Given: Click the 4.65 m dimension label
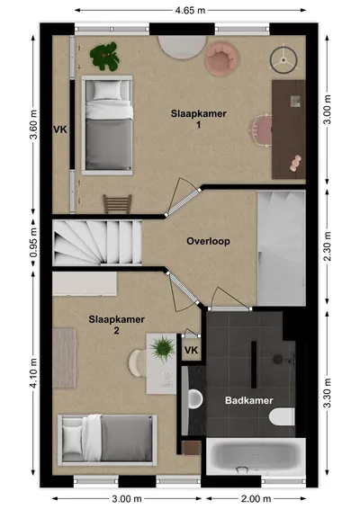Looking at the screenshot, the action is pyautogui.click(x=190, y=11).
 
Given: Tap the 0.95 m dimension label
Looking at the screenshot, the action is pyautogui.click(x=33, y=243).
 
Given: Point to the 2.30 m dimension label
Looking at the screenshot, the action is pyautogui.click(x=328, y=246).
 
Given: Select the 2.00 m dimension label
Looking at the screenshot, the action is pyautogui.click(x=256, y=498).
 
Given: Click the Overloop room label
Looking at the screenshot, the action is pyautogui.click(x=208, y=241).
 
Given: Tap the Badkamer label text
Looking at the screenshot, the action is pyautogui.click(x=249, y=400).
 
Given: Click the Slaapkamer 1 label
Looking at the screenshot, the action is pyautogui.click(x=199, y=119).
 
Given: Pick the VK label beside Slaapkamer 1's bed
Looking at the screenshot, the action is pyautogui.click(x=60, y=129).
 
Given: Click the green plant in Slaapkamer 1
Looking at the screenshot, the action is pyautogui.click(x=104, y=57).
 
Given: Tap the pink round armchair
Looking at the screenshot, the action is pyautogui.click(x=222, y=59).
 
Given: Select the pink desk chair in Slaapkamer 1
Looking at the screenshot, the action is pyautogui.click(x=261, y=130).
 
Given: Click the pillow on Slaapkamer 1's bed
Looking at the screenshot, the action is pyautogui.click(x=107, y=90).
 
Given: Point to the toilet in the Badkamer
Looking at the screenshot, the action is pyautogui.click(x=282, y=416).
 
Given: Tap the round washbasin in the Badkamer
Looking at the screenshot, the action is pyautogui.click(x=195, y=398).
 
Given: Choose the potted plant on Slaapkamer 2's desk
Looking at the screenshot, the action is pyautogui.click(x=163, y=349).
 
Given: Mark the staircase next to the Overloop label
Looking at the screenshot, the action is pyautogui.click(x=97, y=242).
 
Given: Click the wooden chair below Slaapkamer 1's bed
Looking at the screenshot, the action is pyautogui.click(x=117, y=203).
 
